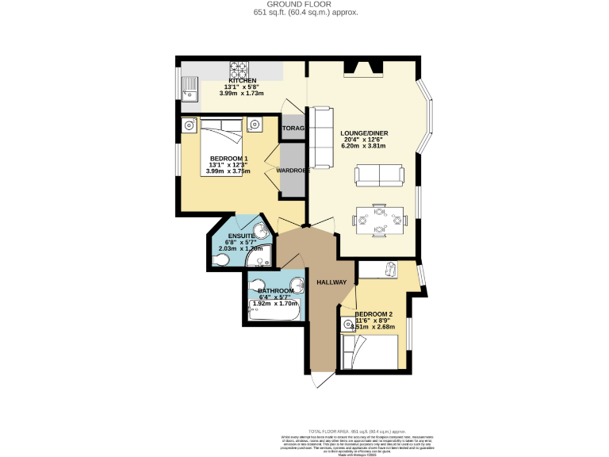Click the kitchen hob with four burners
[239, 70]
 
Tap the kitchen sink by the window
[190, 88]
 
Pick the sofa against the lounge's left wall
[322, 136]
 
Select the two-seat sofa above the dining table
[378, 175]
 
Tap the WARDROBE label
[291, 170]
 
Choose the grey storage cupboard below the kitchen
[292, 129]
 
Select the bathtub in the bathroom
[273, 311]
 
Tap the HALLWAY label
[331, 282]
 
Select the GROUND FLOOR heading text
[305, 5]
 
